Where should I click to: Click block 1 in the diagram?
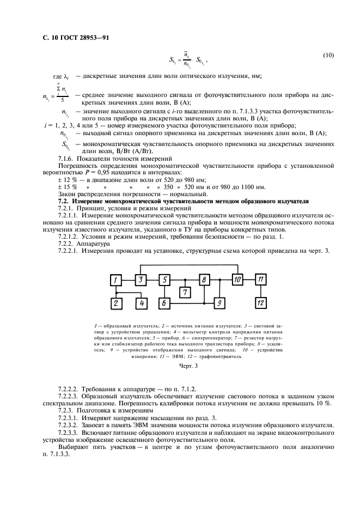[115, 280]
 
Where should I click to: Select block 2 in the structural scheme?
[115, 302]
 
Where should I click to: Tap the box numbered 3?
[141, 280]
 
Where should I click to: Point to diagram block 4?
[141, 302]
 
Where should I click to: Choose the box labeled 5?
[165, 280]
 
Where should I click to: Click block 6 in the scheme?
[165, 302]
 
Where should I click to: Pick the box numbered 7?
[186, 293]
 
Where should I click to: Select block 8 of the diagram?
[204, 280]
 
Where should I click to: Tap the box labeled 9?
[218, 302]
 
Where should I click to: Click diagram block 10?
[237, 280]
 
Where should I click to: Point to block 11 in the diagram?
[262, 280]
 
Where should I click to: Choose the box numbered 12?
[262, 302]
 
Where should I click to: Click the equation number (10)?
[328, 55]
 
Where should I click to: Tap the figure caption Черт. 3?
[188, 366]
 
